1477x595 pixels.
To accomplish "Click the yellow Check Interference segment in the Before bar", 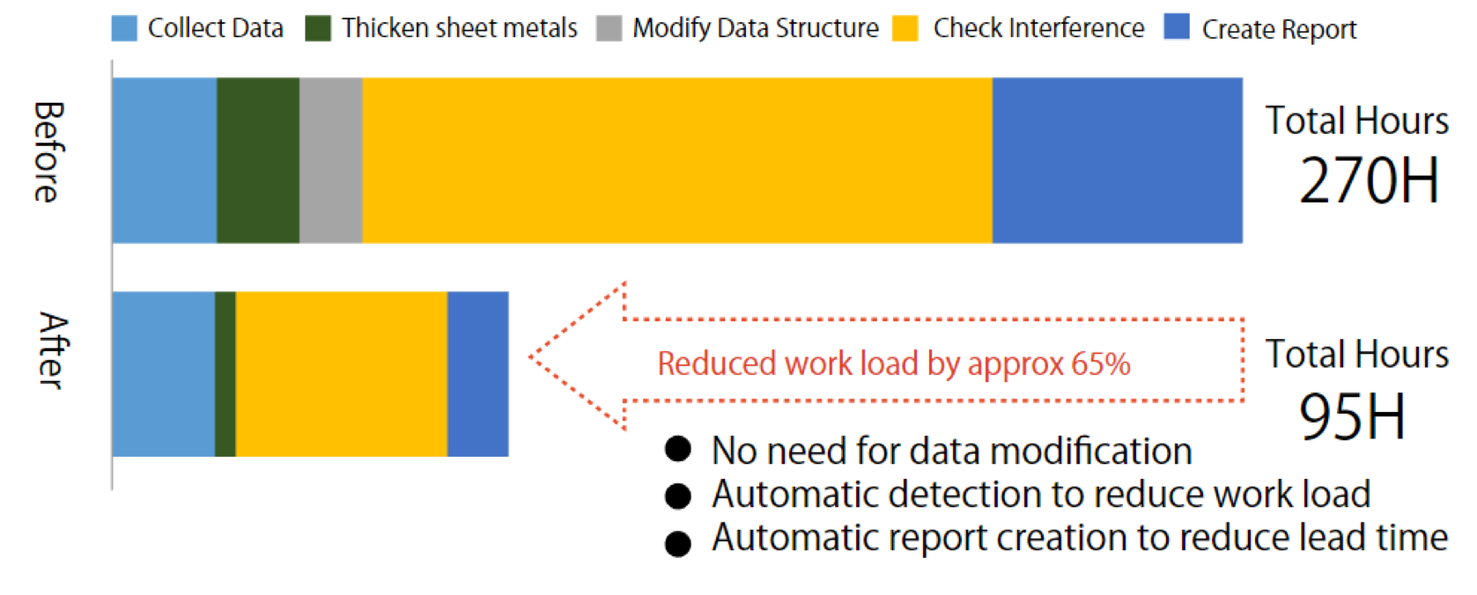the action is [x=677, y=160].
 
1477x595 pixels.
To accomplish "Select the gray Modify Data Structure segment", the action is [x=330, y=160].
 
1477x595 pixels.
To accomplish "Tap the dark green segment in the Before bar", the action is [x=258, y=160].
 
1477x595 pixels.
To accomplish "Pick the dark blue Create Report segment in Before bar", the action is [x=1118, y=160].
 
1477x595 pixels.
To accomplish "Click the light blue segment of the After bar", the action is [x=164, y=373].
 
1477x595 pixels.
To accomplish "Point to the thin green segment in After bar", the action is [x=225, y=373].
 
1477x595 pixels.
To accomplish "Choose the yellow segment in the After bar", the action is [x=342, y=373].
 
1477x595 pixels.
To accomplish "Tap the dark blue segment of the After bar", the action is [x=478, y=373].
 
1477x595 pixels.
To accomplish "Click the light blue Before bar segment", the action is [x=164, y=160].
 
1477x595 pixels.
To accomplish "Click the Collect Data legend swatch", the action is [x=124, y=28].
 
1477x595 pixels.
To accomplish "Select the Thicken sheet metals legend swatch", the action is [x=318, y=28].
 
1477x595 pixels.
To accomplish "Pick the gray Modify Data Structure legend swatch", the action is [x=609, y=28].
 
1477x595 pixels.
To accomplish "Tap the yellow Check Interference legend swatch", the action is [x=905, y=28].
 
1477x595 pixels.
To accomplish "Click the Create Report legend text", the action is [x=1279, y=30].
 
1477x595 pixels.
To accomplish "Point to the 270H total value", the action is [x=1369, y=180].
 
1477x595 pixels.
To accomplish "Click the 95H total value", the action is [x=1352, y=415].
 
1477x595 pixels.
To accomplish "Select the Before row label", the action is [x=48, y=151].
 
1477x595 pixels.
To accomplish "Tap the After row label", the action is [x=53, y=350].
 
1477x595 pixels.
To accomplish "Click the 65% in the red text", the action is [x=1101, y=364].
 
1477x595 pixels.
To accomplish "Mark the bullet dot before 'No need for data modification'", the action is [x=678, y=450].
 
